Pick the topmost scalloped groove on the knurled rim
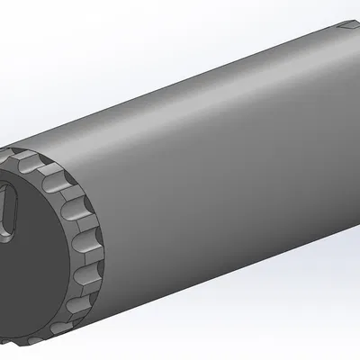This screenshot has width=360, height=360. [x=28, y=161]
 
